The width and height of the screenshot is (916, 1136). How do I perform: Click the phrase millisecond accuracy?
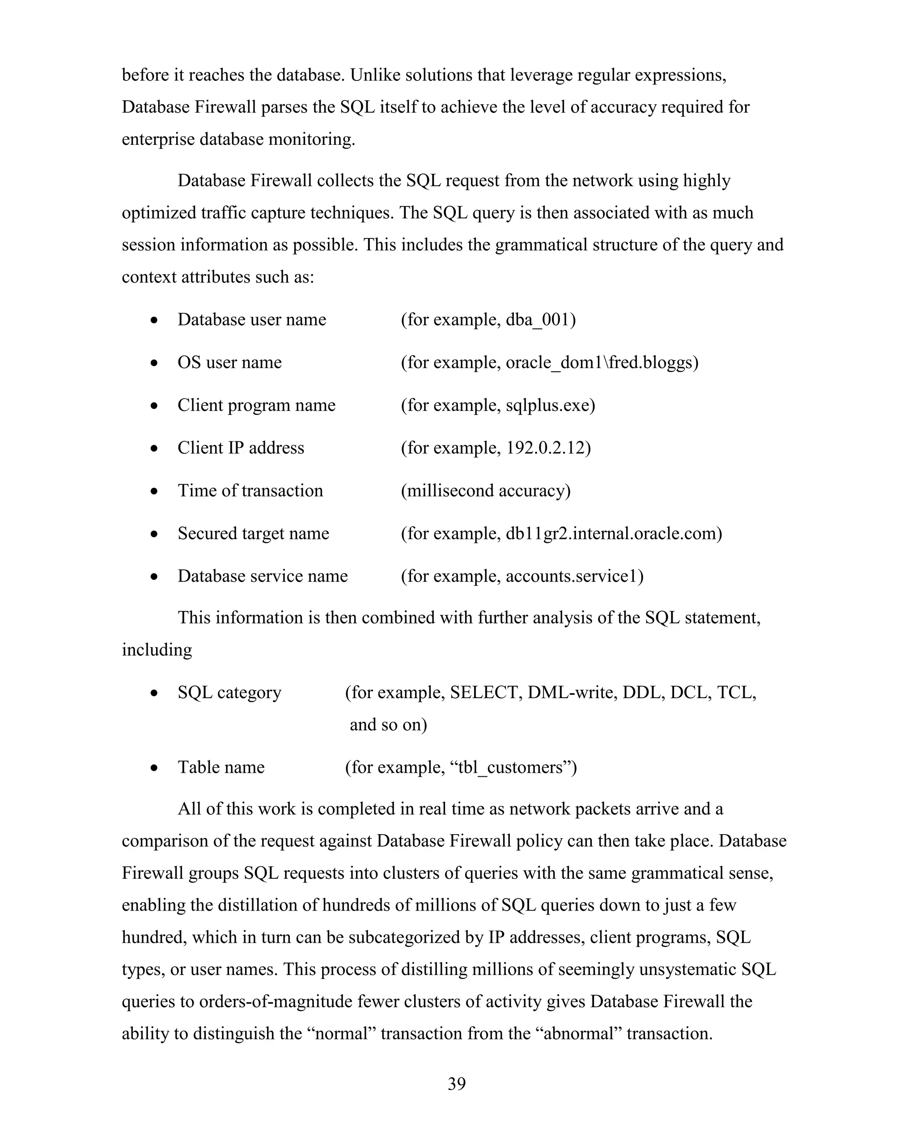pyautogui.click(x=485, y=491)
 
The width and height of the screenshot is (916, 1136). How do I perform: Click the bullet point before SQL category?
pyautogui.click(x=154, y=693)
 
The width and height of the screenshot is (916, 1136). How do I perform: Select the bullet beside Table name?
pyautogui.click(x=154, y=768)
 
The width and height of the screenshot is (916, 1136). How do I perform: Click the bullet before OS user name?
pyautogui.click(x=154, y=364)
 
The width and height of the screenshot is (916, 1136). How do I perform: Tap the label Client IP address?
pyautogui.click(x=241, y=448)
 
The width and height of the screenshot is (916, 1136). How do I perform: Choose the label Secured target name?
pyautogui.click(x=253, y=534)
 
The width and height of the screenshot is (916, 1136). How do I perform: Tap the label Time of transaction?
pyautogui.click(x=250, y=491)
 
